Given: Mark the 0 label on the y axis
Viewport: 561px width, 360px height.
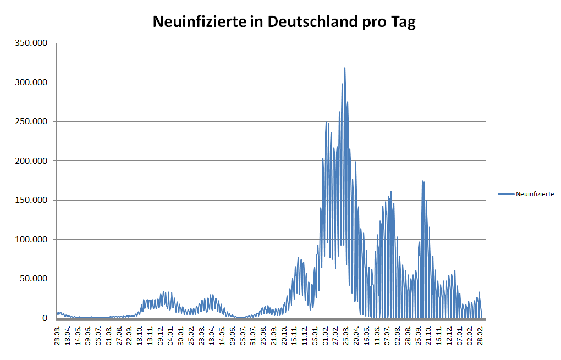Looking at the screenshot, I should (x=46, y=318).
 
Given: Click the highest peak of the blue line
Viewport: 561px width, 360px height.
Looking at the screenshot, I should (x=345, y=68).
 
